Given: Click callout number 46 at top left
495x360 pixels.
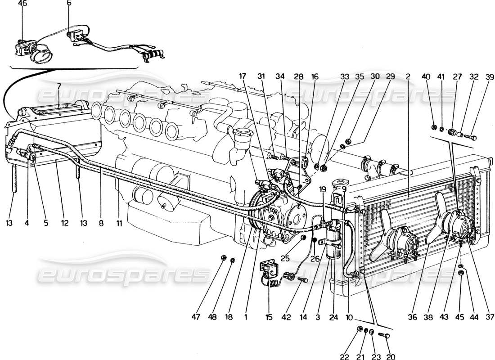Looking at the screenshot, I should click(x=22, y=4).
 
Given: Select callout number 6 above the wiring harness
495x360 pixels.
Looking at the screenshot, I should click(x=68, y=4).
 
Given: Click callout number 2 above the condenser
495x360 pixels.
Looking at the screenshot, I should click(x=407, y=76).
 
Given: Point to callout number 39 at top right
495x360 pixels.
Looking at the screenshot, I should click(x=478, y=76).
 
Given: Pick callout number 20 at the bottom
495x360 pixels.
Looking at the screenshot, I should click(x=391, y=356).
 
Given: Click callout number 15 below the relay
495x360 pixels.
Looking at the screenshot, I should click(x=269, y=317).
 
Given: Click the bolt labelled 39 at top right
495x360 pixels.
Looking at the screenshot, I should click(x=470, y=135).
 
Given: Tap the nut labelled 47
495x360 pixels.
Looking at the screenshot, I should click(x=224, y=258).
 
